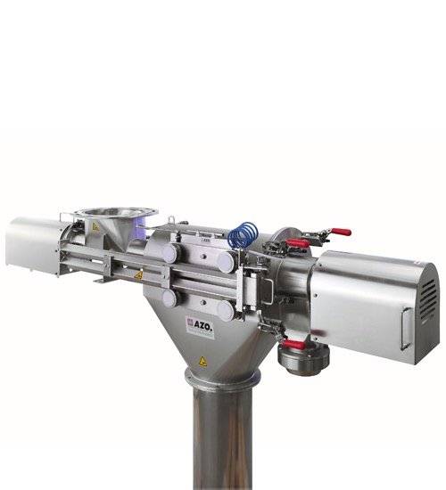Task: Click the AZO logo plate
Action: click(x=200, y=327)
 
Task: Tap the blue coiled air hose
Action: click(x=243, y=234)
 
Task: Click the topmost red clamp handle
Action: click(x=341, y=233)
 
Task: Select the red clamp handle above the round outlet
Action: click(x=293, y=345)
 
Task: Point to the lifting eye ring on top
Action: click(x=171, y=219)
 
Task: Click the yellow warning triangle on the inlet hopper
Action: click(x=95, y=227)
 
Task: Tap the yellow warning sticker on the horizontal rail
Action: click(x=138, y=275)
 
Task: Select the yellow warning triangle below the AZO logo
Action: click(x=202, y=362)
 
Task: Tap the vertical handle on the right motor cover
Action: click(x=405, y=328)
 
